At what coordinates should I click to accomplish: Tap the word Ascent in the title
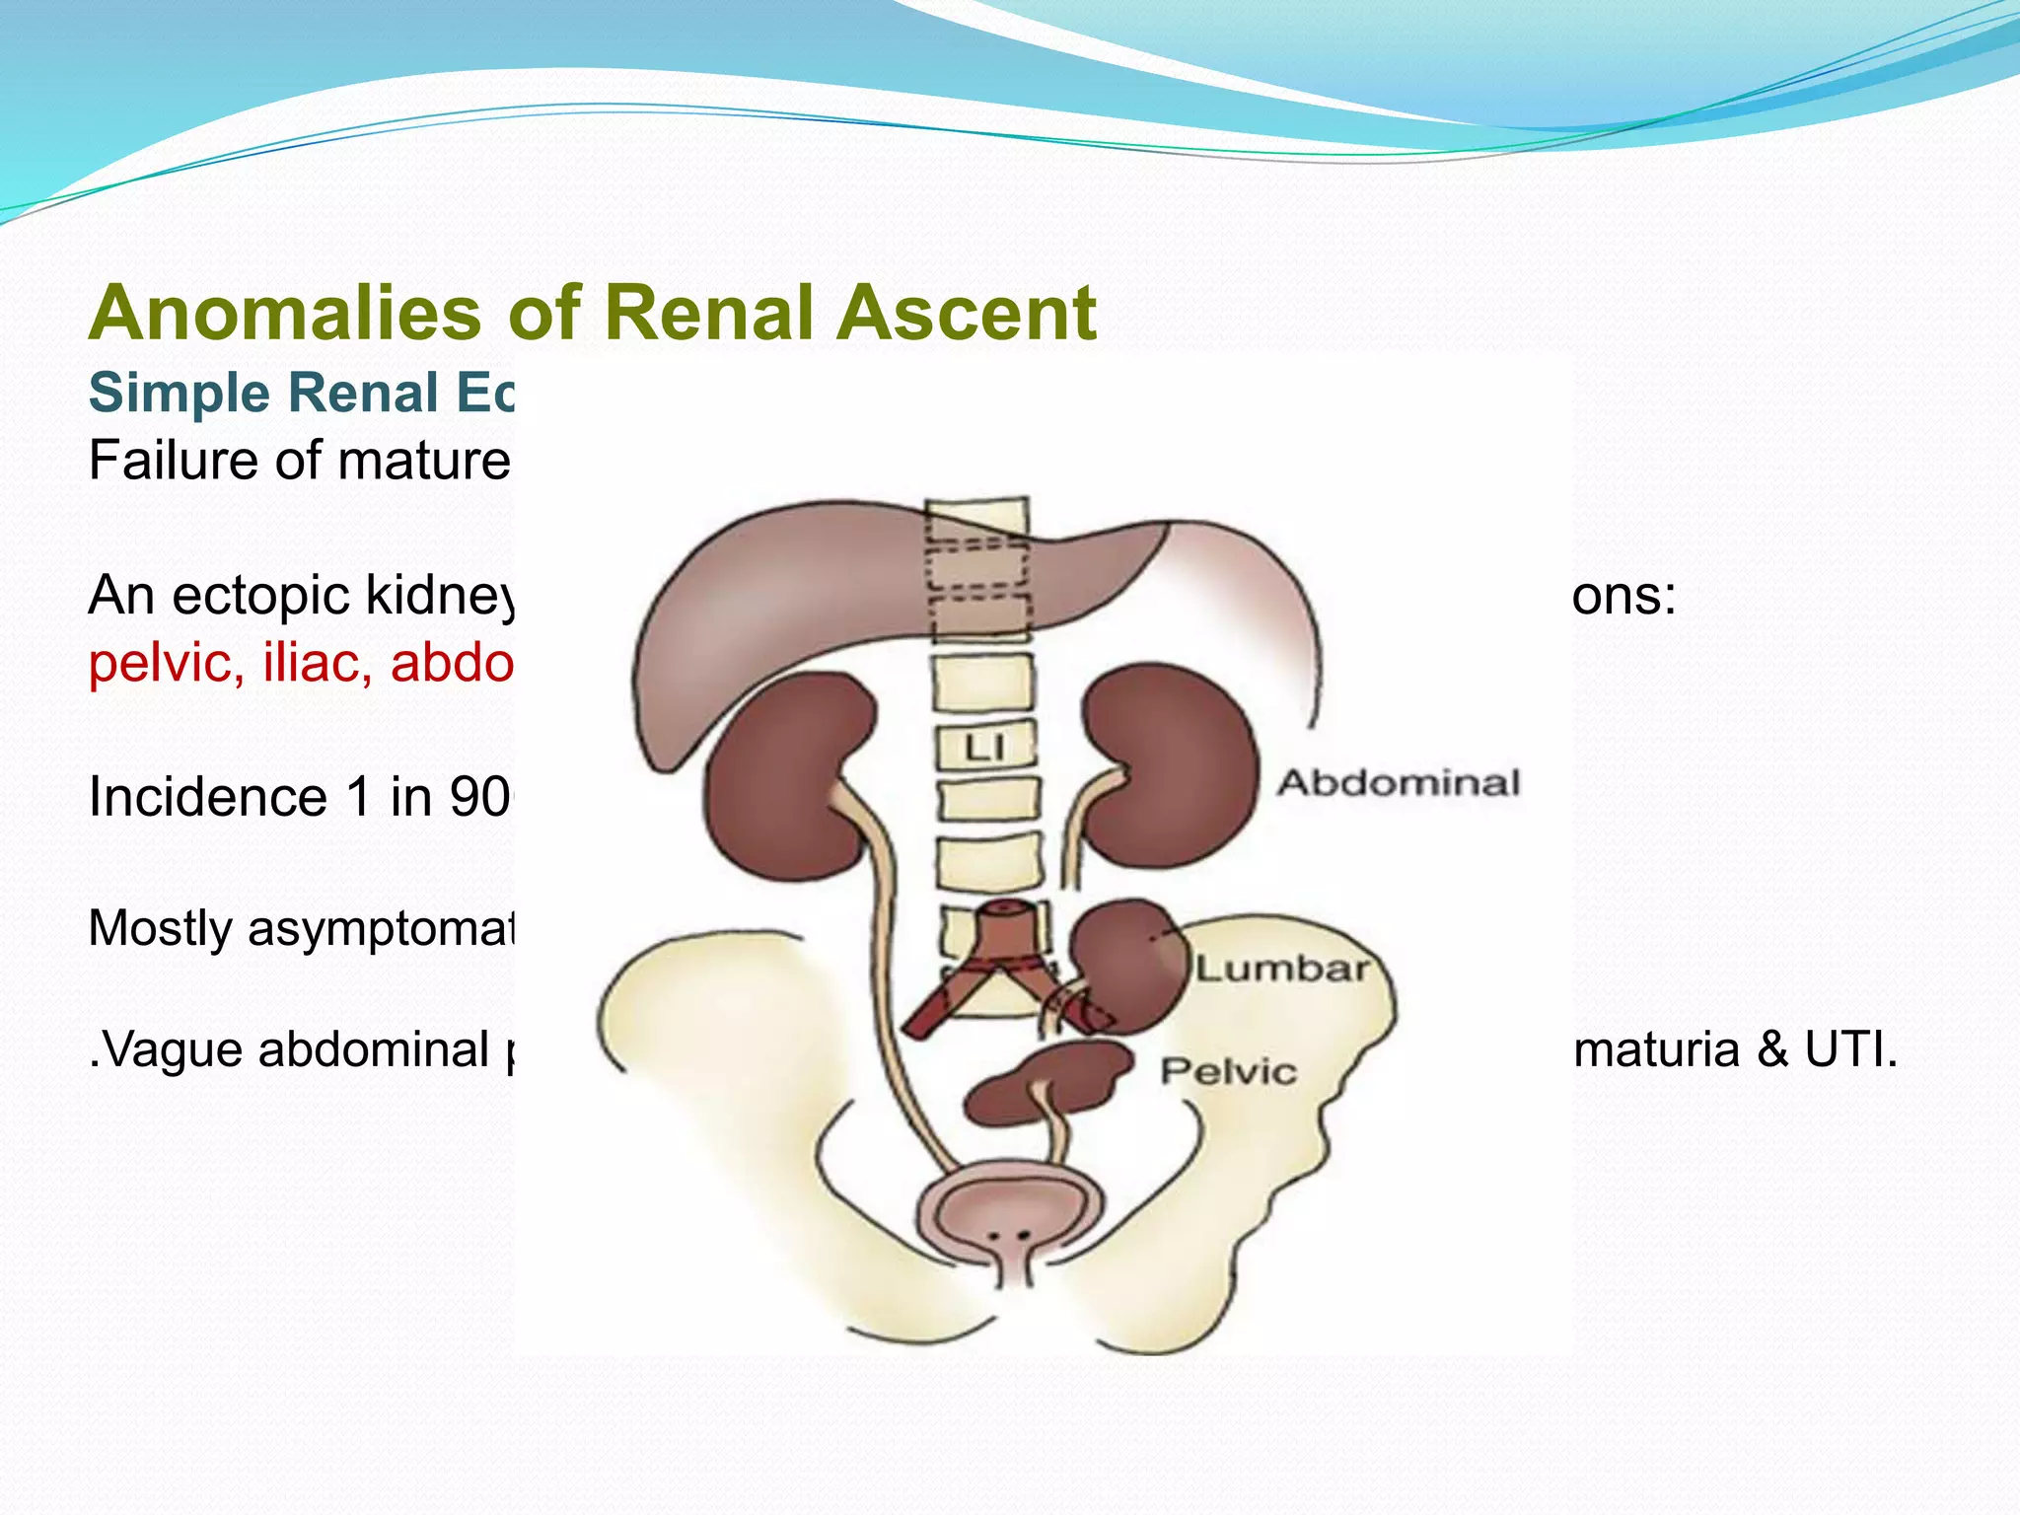pyautogui.click(x=968, y=313)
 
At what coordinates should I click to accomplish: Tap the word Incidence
pyautogui.click(x=207, y=797)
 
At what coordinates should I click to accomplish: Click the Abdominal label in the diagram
pyautogui.click(x=1399, y=784)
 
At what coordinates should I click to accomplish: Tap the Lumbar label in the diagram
pyautogui.click(x=1282, y=970)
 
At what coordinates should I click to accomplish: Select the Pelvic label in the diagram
pyautogui.click(x=1228, y=1072)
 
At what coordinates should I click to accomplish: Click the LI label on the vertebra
pyautogui.click(x=984, y=748)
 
